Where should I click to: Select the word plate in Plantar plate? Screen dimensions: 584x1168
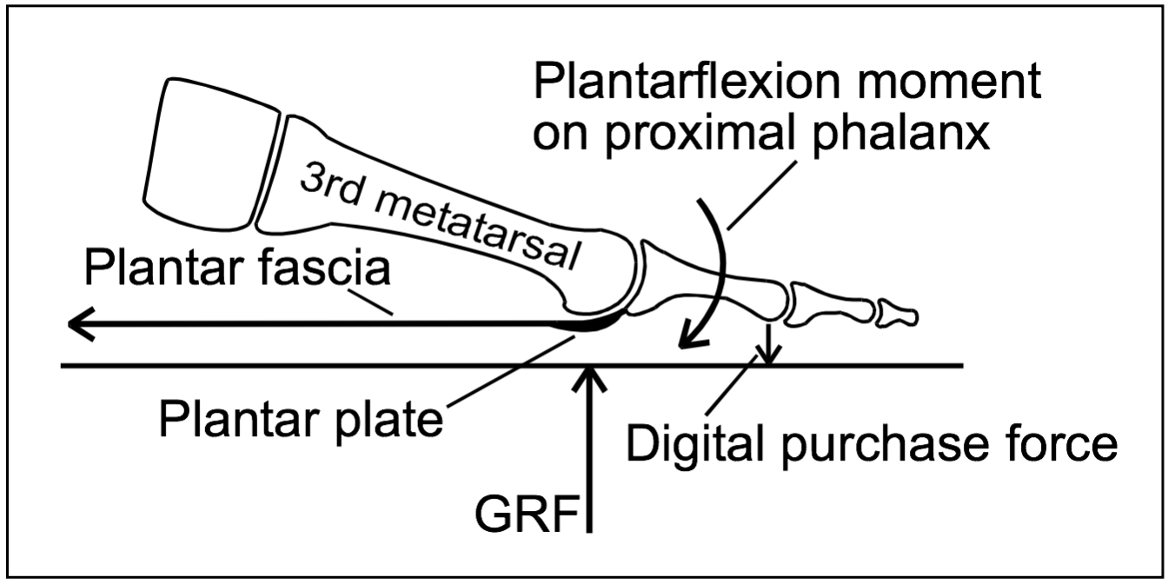point(390,421)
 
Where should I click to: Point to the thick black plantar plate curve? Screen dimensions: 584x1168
point(594,325)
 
